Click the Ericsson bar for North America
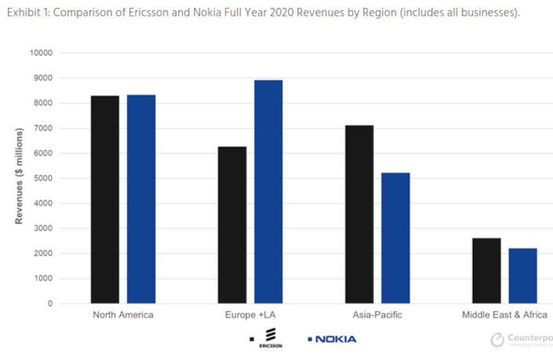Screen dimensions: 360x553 tap(105, 199)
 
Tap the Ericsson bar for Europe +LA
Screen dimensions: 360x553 tap(232, 224)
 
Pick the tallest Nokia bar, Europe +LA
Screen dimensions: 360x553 tap(268, 191)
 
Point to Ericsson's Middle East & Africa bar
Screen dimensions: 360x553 tap(486, 271)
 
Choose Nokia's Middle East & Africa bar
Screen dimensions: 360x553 tap(522, 275)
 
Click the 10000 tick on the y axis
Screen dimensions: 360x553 tap(40, 53)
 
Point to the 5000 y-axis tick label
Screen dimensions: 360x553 tap(42, 178)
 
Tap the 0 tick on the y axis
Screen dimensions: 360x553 tap(49, 304)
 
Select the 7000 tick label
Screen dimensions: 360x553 tap(42, 129)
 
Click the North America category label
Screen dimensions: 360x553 tap(123, 315)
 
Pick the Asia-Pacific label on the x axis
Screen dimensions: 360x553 tap(377, 315)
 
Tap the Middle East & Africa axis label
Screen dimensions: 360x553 tap(504, 315)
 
